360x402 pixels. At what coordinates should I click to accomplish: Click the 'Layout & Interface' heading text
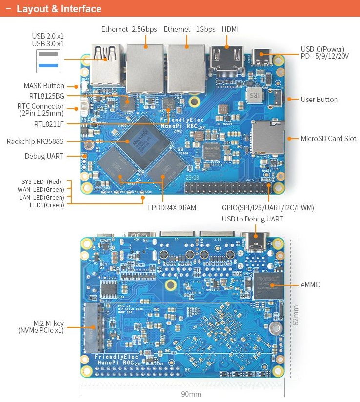click(x=59, y=9)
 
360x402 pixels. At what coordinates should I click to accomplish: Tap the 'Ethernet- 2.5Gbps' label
click(x=129, y=29)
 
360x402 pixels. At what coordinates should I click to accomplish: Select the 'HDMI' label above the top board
click(x=230, y=29)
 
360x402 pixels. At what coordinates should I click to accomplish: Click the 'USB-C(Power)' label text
click(x=322, y=49)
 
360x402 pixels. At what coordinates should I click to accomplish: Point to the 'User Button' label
click(x=319, y=100)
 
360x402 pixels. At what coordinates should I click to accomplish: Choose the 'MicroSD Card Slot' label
click(x=328, y=139)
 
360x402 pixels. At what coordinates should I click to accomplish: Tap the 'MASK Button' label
click(x=44, y=86)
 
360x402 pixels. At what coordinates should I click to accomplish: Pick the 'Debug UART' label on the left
click(x=44, y=156)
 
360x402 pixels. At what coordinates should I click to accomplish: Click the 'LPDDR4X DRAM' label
click(x=172, y=208)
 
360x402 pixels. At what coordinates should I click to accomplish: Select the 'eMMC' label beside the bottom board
click(x=311, y=284)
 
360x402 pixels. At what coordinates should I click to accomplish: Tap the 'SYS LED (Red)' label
click(x=41, y=181)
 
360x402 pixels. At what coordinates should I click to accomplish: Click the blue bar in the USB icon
click(x=48, y=65)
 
